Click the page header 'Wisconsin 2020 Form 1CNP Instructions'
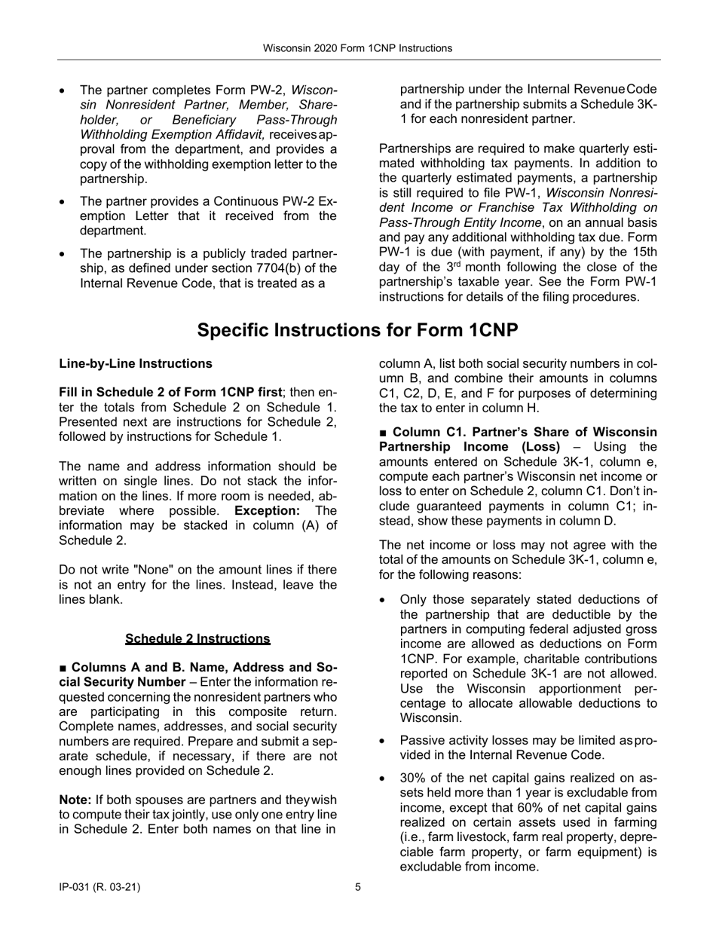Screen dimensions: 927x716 pyautogui.click(x=357, y=48)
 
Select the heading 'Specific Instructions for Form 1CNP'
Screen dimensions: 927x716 pyautogui.click(x=357, y=330)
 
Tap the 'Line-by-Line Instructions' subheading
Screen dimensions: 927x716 pyautogui.click(x=136, y=364)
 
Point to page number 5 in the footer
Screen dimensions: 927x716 pyautogui.click(x=358, y=887)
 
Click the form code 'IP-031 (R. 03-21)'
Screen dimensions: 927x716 pyautogui.click(x=99, y=887)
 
